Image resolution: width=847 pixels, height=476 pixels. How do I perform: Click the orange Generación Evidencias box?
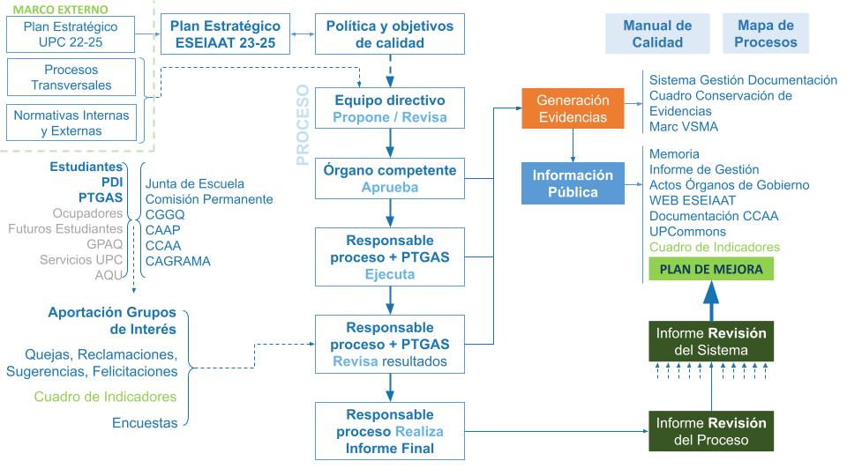point(573,108)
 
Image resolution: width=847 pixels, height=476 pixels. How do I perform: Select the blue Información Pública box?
point(573,182)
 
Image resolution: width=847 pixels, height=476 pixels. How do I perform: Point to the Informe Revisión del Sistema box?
point(710,342)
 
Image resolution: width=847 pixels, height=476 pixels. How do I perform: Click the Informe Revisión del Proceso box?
point(710,431)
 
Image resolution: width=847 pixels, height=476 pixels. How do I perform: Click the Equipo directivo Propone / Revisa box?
point(389,108)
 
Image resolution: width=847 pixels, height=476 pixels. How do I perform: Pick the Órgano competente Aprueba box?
point(389,179)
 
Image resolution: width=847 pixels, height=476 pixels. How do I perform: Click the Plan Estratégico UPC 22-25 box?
point(71,34)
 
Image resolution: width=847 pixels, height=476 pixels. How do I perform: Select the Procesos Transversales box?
point(71,78)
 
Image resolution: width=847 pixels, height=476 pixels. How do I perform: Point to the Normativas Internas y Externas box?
point(71,123)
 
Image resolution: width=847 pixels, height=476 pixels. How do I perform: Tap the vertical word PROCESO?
point(303,124)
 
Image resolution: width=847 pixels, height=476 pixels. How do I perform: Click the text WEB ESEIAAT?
point(687,200)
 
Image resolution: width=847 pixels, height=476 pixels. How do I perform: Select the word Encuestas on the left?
point(145,423)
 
